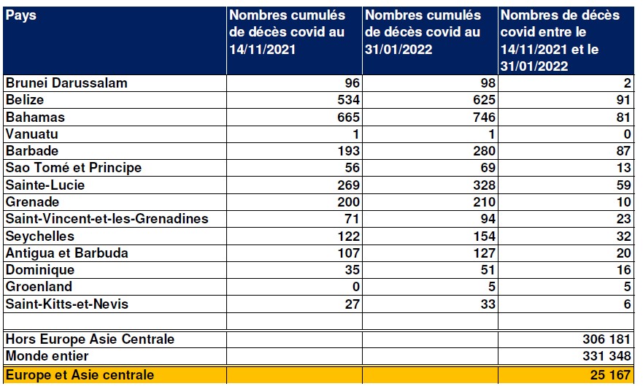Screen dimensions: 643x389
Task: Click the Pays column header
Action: click(21, 15)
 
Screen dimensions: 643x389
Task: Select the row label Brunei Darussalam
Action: click(66, 83)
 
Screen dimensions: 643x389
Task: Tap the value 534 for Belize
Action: click(348, 100)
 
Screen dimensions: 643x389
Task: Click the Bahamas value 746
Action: click(484, 118)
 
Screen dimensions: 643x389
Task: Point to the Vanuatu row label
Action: click(31, 134)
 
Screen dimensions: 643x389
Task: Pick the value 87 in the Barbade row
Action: click(623, 151)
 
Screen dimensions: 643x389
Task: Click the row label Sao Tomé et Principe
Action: click(74, 168)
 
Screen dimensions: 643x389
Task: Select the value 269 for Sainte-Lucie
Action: click(348, 185)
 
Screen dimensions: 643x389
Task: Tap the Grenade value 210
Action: click(484, 202)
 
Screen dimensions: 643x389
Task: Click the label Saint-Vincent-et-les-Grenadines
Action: click(107, 219)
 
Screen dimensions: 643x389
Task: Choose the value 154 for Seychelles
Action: click(484, 236)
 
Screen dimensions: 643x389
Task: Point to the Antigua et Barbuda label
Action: click(67, 253)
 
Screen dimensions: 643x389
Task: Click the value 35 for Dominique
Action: click(353, 270)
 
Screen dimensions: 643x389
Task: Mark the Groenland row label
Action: click(39, 287)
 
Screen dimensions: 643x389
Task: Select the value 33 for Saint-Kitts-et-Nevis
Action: click(488, 304)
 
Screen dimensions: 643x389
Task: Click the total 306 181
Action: click(607, 339)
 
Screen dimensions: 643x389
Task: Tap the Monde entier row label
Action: click(47, 356)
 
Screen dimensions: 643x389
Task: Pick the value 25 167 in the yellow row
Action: click(610, 374)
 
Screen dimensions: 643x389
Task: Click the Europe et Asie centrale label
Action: click(80, 374)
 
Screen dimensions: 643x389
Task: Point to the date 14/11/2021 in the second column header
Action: click(262, 50)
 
